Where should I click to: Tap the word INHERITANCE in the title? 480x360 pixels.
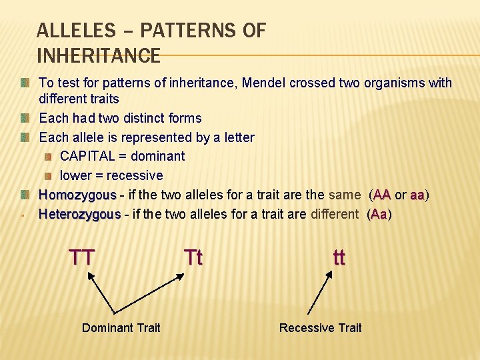click(99, 55)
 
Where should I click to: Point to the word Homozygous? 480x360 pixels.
click(77, 195)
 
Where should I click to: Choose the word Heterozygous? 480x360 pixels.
click(79, 215)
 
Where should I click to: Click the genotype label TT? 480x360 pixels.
click(82, 257)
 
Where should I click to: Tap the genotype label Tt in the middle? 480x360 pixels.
click(193, 257)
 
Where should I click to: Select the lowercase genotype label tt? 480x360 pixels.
click(339, 257)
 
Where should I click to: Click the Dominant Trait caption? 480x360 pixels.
click(121, 327)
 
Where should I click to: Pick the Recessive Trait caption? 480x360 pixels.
click(320, 327)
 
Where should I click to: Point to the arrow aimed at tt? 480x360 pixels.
click(319, 293)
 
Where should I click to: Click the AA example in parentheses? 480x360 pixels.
click(382, 195)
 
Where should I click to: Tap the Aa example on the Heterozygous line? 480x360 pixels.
click(379, 215)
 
